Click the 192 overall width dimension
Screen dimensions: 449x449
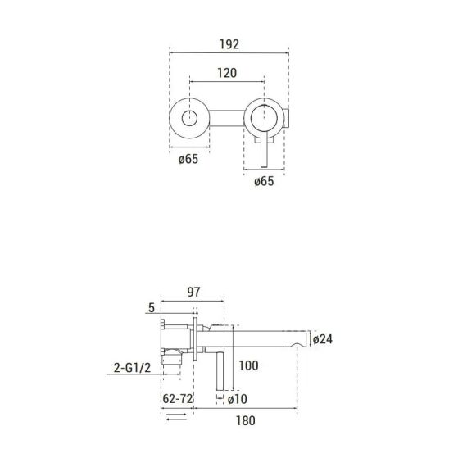(229, 44)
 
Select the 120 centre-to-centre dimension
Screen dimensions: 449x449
(227, 73)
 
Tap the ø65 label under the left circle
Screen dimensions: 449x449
(188, 159)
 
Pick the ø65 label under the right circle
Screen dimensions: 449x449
(264, 181)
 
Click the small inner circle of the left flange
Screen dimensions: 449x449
(189, 118)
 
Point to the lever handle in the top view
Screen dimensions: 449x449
(264, 149)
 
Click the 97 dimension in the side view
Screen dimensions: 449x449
(193, 292)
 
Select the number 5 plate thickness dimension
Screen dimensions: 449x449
(152, 308)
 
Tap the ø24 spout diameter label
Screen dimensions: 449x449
(323, 339)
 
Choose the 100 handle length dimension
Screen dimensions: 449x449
(248, 365)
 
